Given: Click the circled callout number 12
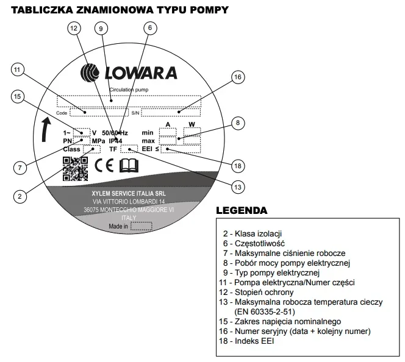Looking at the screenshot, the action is [74, 28].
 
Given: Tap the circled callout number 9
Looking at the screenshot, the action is [101, 29].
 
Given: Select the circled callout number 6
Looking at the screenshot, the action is [150, 28].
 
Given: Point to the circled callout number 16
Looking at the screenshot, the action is [238, 77].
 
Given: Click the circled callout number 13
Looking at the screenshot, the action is [238, 187].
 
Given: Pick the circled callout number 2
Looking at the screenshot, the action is [20, 196].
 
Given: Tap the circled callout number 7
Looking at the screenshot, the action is [20, 168].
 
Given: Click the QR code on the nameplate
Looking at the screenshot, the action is [75, 169].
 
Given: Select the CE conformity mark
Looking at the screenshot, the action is [104, 165].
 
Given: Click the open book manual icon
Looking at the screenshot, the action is [129, 166].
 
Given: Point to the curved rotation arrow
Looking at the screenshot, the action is [46, 130].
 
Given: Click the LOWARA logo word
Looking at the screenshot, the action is [141, 73].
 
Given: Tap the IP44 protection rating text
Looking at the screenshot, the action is [115, 141].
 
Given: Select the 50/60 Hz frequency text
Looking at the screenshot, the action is [115, 133].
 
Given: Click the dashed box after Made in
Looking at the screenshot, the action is [142, 226].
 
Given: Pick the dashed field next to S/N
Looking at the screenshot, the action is [171, 113].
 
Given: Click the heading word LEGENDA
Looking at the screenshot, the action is [242, 210].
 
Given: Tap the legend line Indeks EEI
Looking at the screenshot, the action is [246, 341].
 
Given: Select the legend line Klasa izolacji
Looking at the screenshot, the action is [253, 234].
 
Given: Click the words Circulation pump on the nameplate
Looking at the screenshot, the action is [129, 90].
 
